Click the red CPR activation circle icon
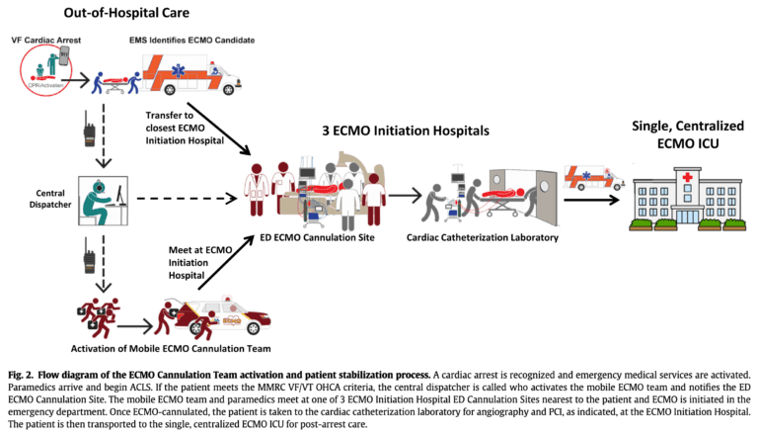(x=44, y=70)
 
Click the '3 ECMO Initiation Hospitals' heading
(x=419, y=130)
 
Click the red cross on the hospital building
(x=680, y=176)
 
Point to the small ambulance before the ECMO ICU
(x=592, y=179)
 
